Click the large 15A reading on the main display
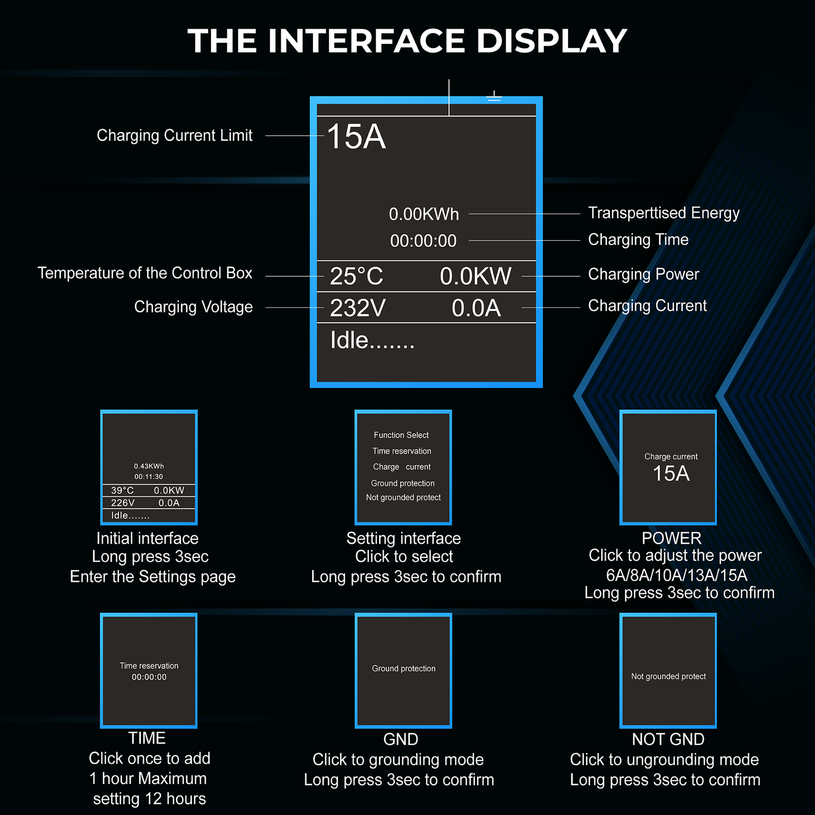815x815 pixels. pyautogui.click(x=356, y=137)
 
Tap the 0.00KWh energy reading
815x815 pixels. pyautogui.click(x=424, y=214)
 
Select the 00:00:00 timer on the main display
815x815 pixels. pyautogui.click(x=423, y=241)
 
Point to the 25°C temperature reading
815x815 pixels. pyautogui.click(x=356, y=276)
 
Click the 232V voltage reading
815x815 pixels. pyautogui.click(x=358, y=308)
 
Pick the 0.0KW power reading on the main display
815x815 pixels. pyautogui.click(x=475, y=276)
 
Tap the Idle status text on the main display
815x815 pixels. pyautogui.click(x=372, y=340)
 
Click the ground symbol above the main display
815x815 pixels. pyautogui.click(x=494, y=96)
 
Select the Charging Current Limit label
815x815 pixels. pyautogui.click(x=174, y=135)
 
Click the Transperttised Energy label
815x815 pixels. pyautogui.click(x=663, y=213)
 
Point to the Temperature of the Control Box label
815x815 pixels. pyautogui.click(x=144, y=273)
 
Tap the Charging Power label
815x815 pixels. pyautogui.click(x=643, y=274)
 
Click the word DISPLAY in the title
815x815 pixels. pyautogui.click(x=551, y=41)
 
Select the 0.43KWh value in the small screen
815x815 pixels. pyautogui.click(x=149, y=466)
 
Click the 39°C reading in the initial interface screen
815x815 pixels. pyautogui.click(x=122, y=491)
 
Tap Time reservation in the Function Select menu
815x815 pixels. pyautogui.click(x=402, y=451)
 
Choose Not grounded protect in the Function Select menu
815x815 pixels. pyautogui.click(x=403, y=497)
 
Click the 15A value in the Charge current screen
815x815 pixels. pyautogui.click(x=671, y=474)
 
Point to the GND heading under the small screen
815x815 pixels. pyautogui.click(x=400, y=739)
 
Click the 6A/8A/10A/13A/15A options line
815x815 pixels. pyautogui.click(x=676, y=575)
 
